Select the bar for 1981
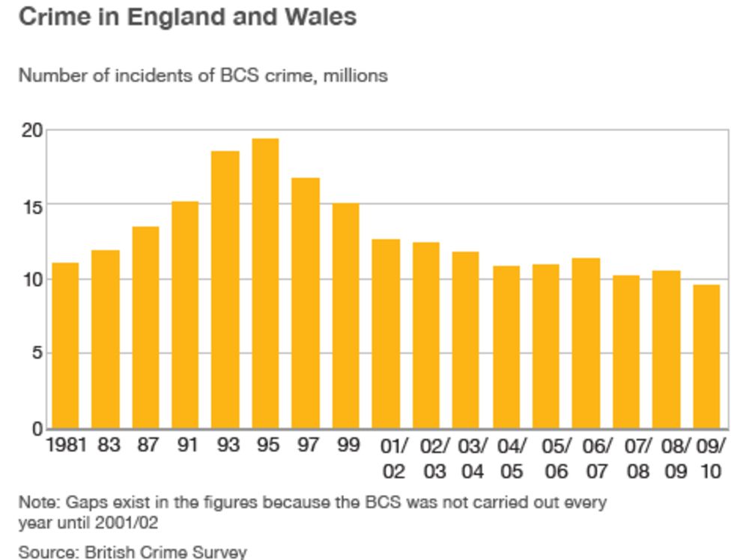tap(65, 345)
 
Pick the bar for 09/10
tap(706, 356)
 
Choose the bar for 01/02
tap(386, 334)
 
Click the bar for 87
tap(145, 327)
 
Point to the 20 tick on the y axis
tap(31, 131)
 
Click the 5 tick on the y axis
tap(37, 353)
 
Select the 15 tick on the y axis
tap(31, 205)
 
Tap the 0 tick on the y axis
tap(37, 429)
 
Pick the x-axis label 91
tap(186, 445)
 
